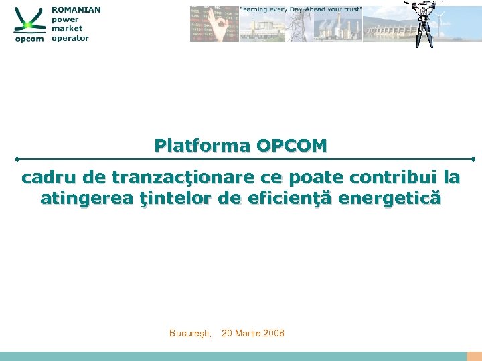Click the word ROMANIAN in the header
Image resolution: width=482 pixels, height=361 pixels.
click(76, 10)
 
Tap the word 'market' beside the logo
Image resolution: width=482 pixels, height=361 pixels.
click(67, 29)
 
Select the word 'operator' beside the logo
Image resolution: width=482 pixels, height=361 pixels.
click(70, 38)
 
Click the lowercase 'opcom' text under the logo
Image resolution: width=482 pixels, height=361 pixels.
click(29, 39)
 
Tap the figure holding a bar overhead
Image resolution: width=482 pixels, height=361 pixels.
click(424, 24)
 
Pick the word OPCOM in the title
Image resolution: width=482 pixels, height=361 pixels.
click(292, 145)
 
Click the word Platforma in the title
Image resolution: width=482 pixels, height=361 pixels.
click(202, 145)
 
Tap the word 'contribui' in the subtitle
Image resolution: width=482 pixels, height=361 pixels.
click(394, 178)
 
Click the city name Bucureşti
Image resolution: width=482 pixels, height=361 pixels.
click(191, 333)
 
